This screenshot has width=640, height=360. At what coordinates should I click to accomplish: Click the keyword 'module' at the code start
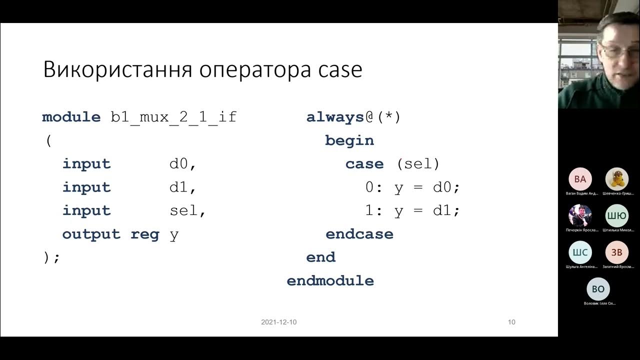71,117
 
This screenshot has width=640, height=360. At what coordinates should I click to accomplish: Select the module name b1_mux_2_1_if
173,117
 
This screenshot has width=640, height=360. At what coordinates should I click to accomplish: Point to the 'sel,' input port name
187,210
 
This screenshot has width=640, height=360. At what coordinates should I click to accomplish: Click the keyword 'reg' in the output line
145,234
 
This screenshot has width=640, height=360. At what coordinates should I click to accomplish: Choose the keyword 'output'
91,234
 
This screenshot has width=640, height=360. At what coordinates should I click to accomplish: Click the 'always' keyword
335,117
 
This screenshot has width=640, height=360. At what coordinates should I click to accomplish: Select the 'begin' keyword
349,140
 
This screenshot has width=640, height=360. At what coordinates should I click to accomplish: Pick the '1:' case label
374,210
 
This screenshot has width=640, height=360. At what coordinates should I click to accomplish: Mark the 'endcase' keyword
359,234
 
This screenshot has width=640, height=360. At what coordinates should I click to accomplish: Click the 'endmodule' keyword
330,280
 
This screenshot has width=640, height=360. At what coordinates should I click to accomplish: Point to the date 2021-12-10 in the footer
278,322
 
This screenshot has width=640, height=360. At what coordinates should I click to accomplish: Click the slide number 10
511,322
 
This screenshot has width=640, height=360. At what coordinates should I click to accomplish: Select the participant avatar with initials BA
580,179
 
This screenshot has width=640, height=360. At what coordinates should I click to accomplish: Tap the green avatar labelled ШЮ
617,216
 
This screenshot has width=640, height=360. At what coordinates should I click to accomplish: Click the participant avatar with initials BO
598,289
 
